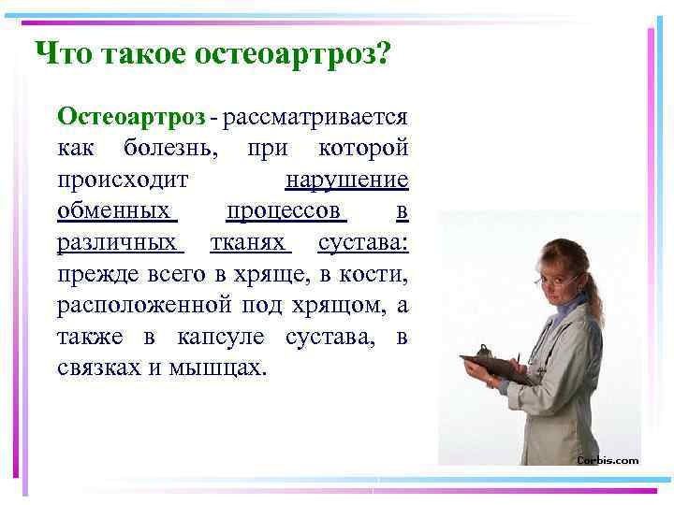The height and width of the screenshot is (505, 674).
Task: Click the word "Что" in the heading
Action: click(x=58, y=54)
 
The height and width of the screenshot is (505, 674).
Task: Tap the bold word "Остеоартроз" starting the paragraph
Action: click(x=131, y=117)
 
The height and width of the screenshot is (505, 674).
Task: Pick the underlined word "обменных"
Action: click(x=116, y=211)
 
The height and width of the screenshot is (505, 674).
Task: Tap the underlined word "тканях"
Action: click(x=251, y=243)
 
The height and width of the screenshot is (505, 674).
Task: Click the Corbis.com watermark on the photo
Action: click(x=608, y=460)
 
